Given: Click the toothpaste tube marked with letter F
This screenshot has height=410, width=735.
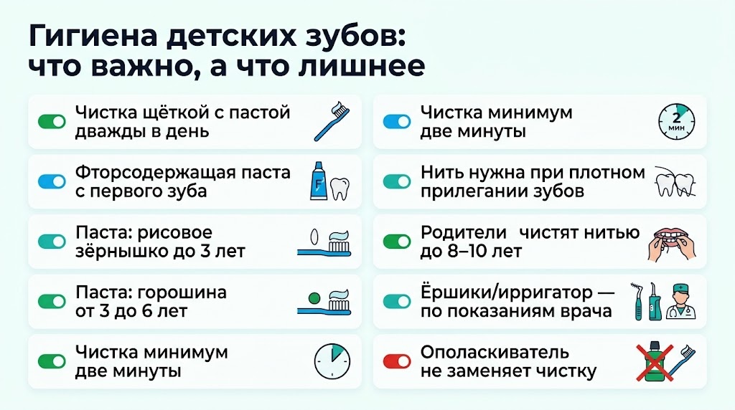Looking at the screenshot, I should click(x=319, y=181).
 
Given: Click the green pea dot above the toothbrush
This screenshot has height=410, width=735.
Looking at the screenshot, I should click(x=313, y=296).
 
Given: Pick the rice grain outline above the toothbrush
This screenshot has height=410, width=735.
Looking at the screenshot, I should click(x=313, y=236).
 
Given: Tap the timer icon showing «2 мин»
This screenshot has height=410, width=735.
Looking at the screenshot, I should click(x=677, y=121).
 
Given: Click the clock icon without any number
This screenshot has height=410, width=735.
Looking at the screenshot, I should click(x=332, y=362).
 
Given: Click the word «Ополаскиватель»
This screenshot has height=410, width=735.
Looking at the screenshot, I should click(x=495, y=353).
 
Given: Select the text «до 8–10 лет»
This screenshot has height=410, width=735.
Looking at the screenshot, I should click(x=471, y=251).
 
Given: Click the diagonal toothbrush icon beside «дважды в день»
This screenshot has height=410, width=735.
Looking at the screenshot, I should click(x=331, y=121).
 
